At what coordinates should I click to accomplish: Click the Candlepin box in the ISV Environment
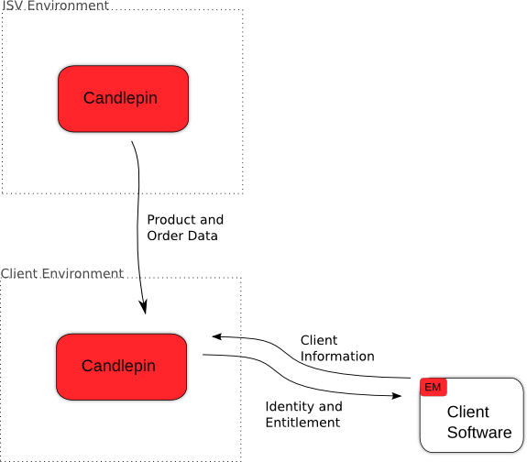(x=123, y=98)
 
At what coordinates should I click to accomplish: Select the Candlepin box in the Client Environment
(x=121, y=367)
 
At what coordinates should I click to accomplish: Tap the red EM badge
(x=434, y=387)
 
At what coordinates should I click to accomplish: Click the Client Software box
(x=471, y=415)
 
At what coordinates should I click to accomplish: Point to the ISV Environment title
(x=56, y=5)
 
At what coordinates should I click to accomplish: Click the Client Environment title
(x=62, y=273)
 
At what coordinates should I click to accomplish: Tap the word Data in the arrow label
(x=203, y=236)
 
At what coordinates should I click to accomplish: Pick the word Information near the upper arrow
(x=337, y=356)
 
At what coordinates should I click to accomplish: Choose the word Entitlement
(x=302, y=423)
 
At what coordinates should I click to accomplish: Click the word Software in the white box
(x=479, y=433)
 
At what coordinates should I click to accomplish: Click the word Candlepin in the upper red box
(x=120, y=98)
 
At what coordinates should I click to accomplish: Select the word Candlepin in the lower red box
(x=118, y=366)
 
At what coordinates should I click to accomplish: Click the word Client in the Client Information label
(x=319, y=340)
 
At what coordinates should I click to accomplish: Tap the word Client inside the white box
(x=468, y=412)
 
